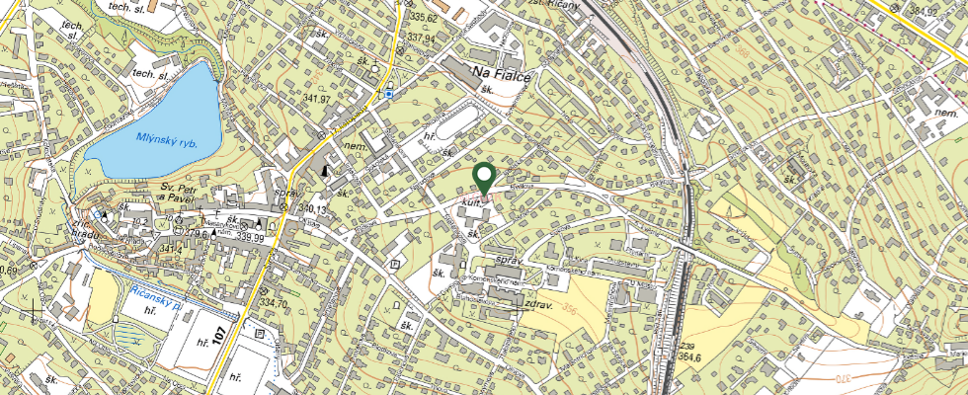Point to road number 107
click(238, 330)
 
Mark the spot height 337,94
click(421, 38)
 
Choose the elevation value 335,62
click(423, 18)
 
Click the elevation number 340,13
click(313, 209)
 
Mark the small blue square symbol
click(390, 94)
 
